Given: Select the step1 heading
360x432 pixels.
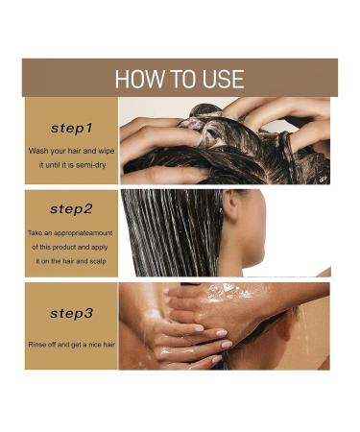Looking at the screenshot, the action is click(x=71, y=129).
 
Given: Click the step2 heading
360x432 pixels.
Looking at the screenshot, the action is click(x=71, y=209).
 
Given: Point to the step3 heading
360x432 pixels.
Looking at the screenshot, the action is click(x=71, y=314).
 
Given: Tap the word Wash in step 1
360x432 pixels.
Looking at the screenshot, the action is click(x=37, y=151).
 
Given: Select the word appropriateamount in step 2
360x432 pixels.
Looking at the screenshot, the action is click(x=84, y=233).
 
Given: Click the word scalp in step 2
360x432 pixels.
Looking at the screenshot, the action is click(x=98, y=261).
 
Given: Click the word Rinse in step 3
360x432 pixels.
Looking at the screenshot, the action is click(x=37, y=345).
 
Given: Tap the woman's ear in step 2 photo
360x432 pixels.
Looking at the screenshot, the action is click(x=229, y=204).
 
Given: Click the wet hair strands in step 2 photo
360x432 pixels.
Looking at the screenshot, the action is click(x=171, y=232).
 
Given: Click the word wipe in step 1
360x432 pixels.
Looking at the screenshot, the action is click(x=106, y=151).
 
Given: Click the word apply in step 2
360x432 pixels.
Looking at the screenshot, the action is click(x=99, y=248).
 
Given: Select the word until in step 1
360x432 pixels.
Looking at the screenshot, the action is click(x=53, y=165).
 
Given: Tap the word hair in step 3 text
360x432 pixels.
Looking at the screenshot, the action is click(x=109, y=345).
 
